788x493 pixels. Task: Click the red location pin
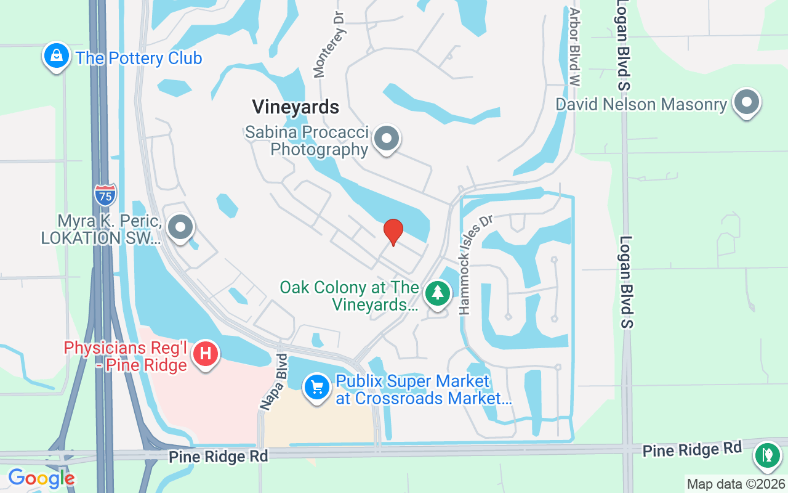(393, 232)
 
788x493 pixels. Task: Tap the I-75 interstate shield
(105, 195)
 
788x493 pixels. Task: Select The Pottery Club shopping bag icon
(56, 56)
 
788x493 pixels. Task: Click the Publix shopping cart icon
(317, 388)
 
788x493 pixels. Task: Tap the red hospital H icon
(206, 354)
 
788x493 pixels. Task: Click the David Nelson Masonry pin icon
(747, 102)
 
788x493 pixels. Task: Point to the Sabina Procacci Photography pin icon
(387, 139)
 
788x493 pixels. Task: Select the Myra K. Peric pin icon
(180, 227)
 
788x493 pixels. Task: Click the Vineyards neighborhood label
(295, 107)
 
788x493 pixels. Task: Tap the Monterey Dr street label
(329, 47)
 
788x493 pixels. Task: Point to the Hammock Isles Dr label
(472, 264)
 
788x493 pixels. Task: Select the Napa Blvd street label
(274, 382)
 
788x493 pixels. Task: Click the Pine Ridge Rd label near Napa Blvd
(219, 456)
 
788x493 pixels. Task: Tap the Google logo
(41, 478)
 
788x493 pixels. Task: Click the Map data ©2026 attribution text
(736, 484)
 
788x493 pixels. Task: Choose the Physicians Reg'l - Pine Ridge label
(125, 357)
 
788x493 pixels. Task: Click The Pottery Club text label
(139, 59)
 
